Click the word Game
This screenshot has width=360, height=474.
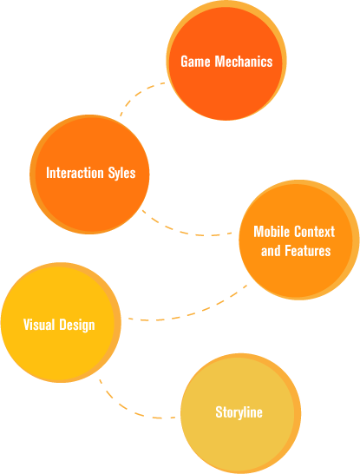coord(195,62)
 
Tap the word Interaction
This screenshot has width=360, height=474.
coord(75,173)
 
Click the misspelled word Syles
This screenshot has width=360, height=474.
coord(121,173)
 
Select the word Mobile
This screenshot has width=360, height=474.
coord(272,232)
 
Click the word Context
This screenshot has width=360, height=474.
coord(315,232)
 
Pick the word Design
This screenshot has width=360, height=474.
coord(77,326)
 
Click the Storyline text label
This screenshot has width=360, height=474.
coord(239,412)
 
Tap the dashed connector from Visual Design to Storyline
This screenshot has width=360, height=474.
coord(130,408)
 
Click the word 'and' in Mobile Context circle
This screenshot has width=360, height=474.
coord(271,251)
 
